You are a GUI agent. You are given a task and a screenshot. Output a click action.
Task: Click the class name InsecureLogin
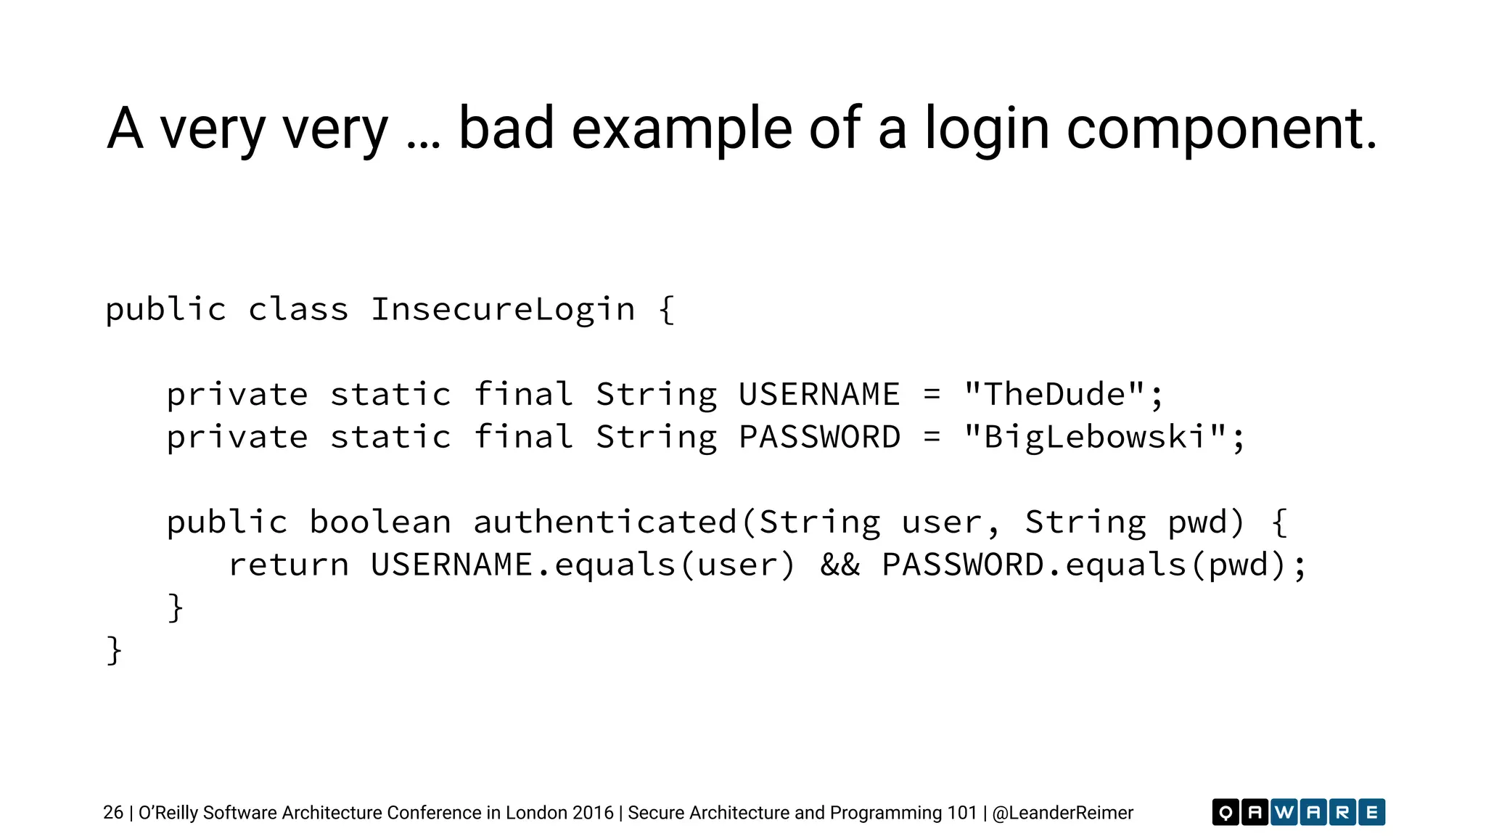(503, 310)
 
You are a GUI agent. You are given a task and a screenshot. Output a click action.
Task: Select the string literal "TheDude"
(1054, 395)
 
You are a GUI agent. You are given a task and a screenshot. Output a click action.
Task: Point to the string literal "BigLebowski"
(1095, 438)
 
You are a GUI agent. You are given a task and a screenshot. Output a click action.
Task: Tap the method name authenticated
(605, 522)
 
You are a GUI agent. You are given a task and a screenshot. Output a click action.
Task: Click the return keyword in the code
(289, 565)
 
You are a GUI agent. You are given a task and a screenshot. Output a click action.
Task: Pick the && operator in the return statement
(840, 565)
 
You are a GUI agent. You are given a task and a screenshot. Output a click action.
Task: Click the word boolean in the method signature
(380, 522)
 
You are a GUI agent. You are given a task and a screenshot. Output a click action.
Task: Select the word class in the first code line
(298, 310)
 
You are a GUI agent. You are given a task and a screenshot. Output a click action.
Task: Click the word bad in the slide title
(506, 128)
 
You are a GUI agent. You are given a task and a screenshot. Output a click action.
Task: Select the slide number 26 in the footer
(113, 813)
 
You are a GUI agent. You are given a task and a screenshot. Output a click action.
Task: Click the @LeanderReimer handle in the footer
(1062, 813)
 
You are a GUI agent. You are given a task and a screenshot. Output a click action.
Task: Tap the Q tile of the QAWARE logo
(1226, 812)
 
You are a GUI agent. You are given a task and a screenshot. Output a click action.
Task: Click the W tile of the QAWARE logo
(1284, 812)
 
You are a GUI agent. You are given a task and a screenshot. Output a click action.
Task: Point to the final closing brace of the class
(114, 650)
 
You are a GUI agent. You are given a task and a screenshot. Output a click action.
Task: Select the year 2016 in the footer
(593, 813)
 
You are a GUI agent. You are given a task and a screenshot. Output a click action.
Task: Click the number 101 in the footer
(962, 813)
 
